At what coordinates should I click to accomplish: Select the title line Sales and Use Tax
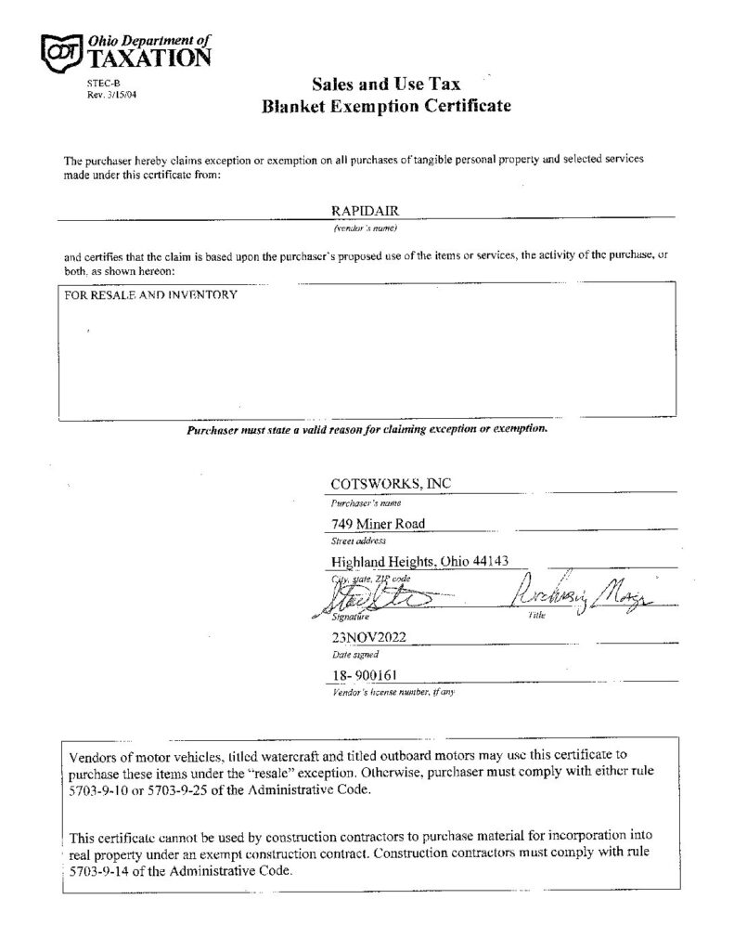point(386,85)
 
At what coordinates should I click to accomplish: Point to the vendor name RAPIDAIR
point(362,211)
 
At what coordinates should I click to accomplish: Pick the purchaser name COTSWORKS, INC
point(391,483)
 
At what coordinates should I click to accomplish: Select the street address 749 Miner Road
point(378,524)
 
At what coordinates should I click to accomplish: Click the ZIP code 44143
point(482,562)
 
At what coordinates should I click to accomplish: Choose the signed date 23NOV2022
point(368,637)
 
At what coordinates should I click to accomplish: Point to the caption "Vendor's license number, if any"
point(393,693)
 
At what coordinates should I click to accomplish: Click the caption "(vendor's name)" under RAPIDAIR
point(366,227)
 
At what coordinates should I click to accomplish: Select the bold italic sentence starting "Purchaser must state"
point(367,430)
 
